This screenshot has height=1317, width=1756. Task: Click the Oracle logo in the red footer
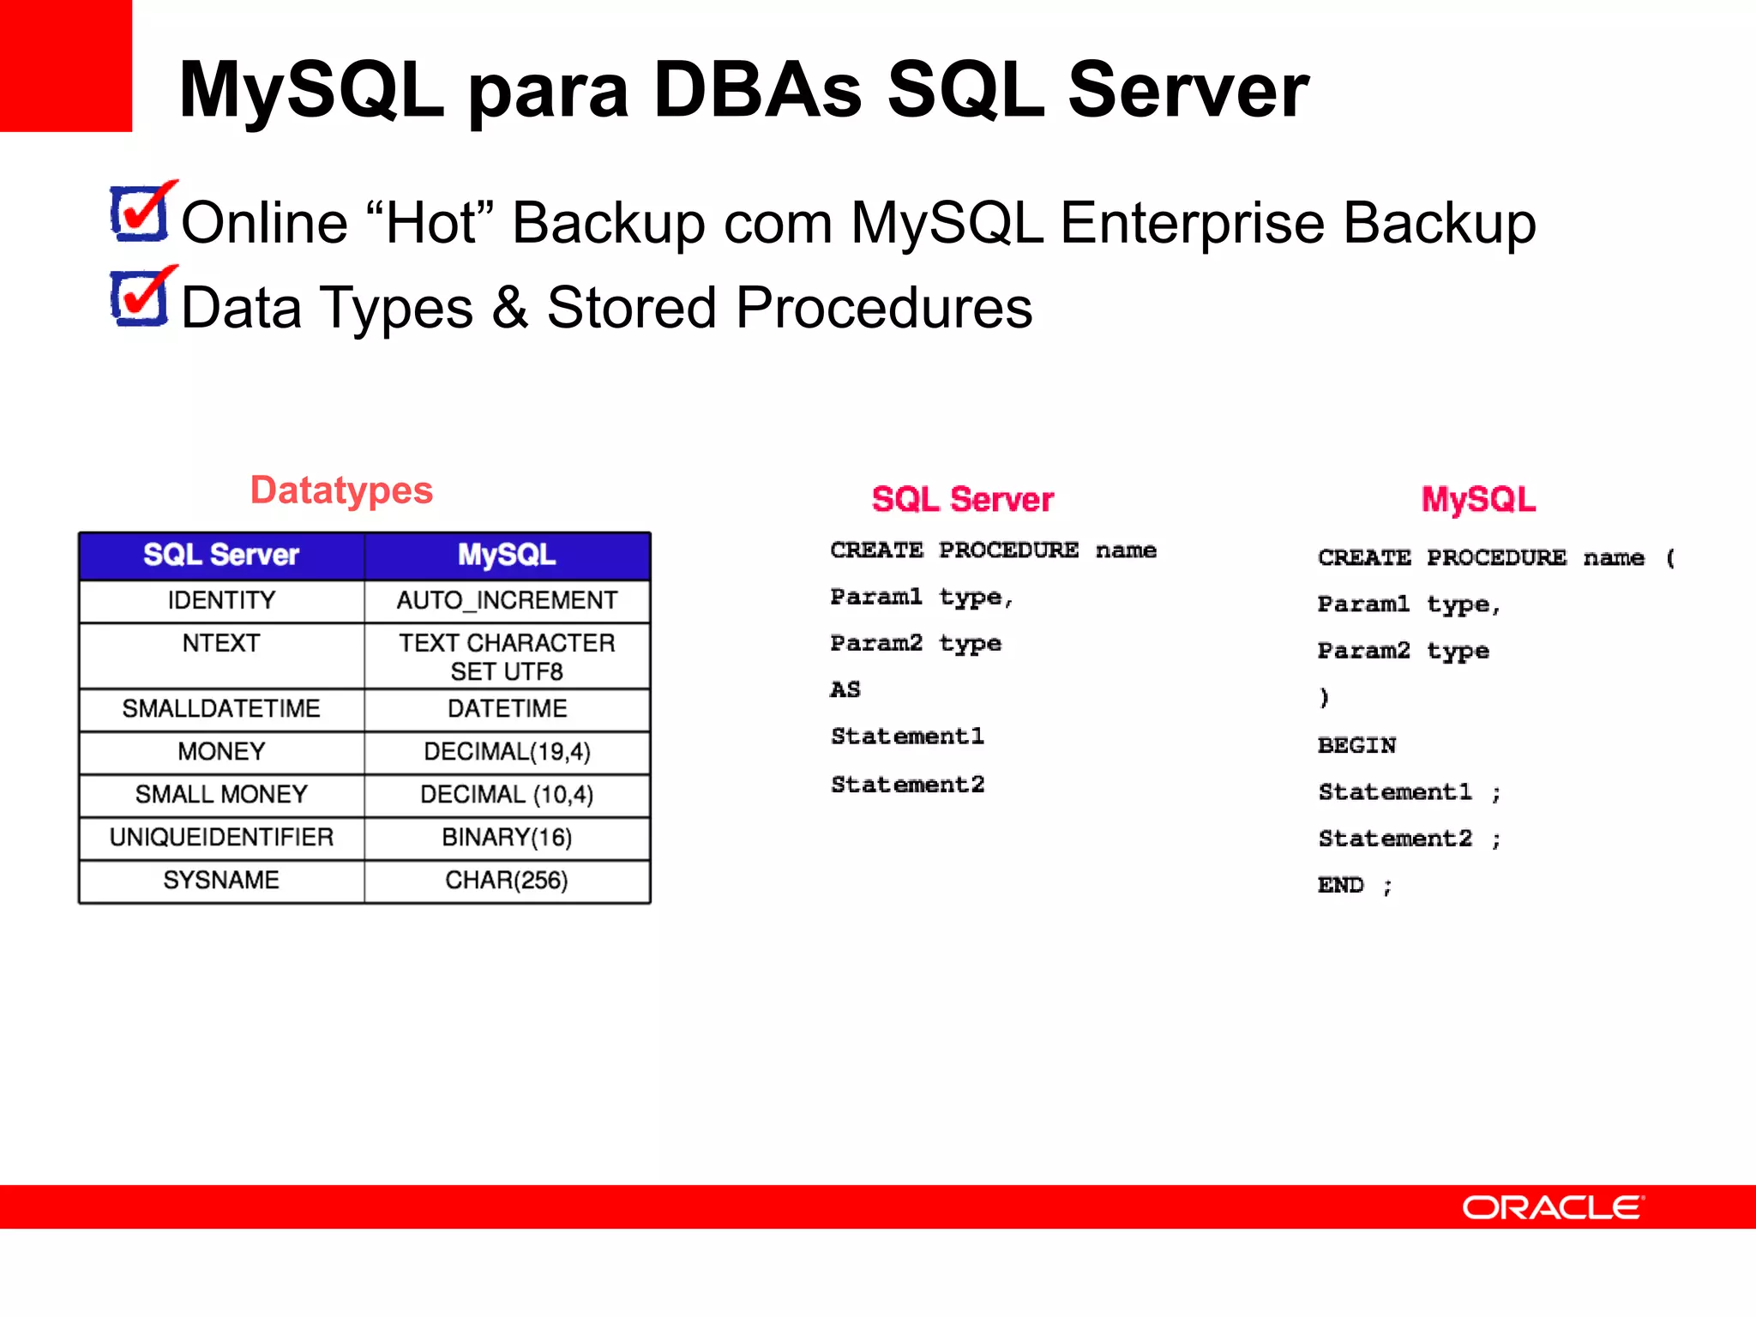(1552, 1207)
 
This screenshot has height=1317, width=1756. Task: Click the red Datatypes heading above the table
(341, 490)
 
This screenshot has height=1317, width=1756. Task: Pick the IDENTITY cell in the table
(221, 600)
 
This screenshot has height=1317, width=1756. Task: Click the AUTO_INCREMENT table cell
(507, 600)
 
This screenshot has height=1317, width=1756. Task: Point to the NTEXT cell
(221, 643)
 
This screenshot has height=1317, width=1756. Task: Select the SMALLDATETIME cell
(221, 709)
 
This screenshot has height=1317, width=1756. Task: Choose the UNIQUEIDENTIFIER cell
(221, 838)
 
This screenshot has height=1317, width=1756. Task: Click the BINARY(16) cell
(507, 838)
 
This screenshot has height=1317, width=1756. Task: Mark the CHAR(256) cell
(507, 881)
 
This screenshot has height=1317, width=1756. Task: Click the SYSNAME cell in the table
(221, 881)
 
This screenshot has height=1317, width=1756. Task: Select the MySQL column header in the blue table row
(507, 555)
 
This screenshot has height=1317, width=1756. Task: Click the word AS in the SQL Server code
(845, 690)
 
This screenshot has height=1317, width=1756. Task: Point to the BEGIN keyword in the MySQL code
(1356, 745)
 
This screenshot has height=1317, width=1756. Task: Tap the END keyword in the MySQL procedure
(1340, 885)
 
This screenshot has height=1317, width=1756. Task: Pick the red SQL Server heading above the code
(962, 499)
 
